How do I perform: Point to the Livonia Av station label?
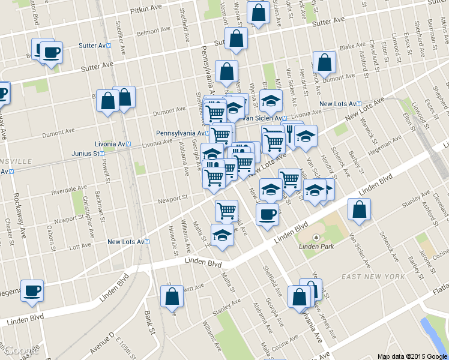[x=113, y=144]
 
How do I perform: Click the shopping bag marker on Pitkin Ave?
[x=258, y=13]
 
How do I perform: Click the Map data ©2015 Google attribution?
[x=411, y=356]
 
